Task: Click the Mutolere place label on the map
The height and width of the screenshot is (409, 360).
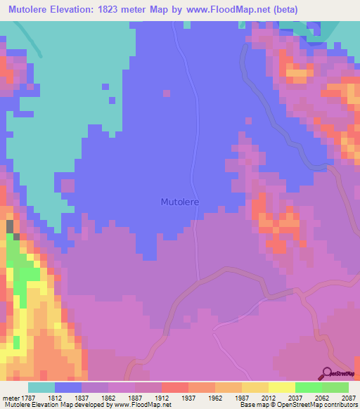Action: pyautogui.click(x=180, y=202)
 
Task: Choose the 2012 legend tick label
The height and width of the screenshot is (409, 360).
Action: pyautogui.click(x=268, y=398)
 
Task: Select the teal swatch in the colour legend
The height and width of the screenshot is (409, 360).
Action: pyautogui.click(x=41, y=387)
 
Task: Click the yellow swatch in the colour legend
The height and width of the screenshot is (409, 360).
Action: pyautogui.click(x=282, y=387)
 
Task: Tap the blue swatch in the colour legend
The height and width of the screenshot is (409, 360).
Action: pyautogui.click(x=68, y=387)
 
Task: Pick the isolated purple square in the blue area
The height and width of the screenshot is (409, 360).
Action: pyautogui.click(x=167, y=92)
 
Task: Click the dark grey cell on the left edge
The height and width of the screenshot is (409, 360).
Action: pyautogui.click(x=10, y=226)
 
